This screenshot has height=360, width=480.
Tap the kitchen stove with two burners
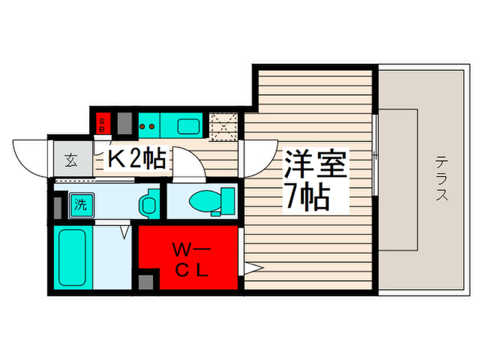coord(148,126)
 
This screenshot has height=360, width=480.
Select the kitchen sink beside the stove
coord(188,126)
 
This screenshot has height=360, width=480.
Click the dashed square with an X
coord(224,125)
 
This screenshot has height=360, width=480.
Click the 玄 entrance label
coord(71,162)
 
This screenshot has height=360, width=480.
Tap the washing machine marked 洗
coord(80,204)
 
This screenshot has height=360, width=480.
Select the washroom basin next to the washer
coord(147,204)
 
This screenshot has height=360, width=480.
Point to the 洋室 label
coord(316,165)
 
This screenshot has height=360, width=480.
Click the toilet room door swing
coord(187,165)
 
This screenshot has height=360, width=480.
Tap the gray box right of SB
coord(123,123)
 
